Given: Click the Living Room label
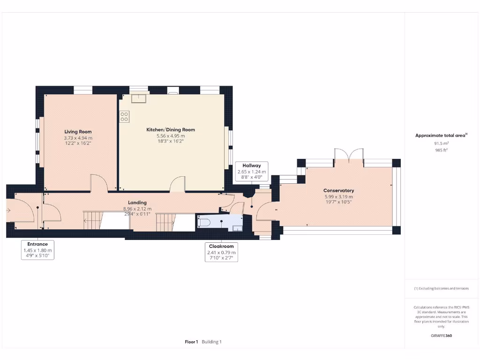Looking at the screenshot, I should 78,132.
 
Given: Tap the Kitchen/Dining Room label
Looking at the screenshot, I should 171,129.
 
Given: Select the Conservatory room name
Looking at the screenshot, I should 338,191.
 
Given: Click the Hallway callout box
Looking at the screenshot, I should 252,172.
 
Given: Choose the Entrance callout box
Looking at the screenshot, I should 37,250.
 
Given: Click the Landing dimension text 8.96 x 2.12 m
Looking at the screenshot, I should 137,209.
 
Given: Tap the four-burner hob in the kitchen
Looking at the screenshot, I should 124,116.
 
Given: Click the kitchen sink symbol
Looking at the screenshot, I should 139,97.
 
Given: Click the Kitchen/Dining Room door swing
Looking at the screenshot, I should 178,184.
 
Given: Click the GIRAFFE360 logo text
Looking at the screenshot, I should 441,336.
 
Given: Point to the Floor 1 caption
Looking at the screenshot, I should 191,342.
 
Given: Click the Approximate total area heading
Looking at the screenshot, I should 441,135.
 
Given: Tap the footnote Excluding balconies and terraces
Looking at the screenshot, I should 441,288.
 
